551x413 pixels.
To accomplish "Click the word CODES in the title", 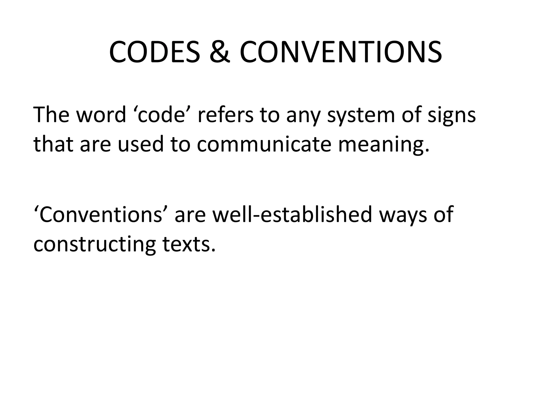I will pos(155,52).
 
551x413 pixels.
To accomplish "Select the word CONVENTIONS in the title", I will pos(341,52).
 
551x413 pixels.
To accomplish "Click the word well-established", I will pos(292,215).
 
